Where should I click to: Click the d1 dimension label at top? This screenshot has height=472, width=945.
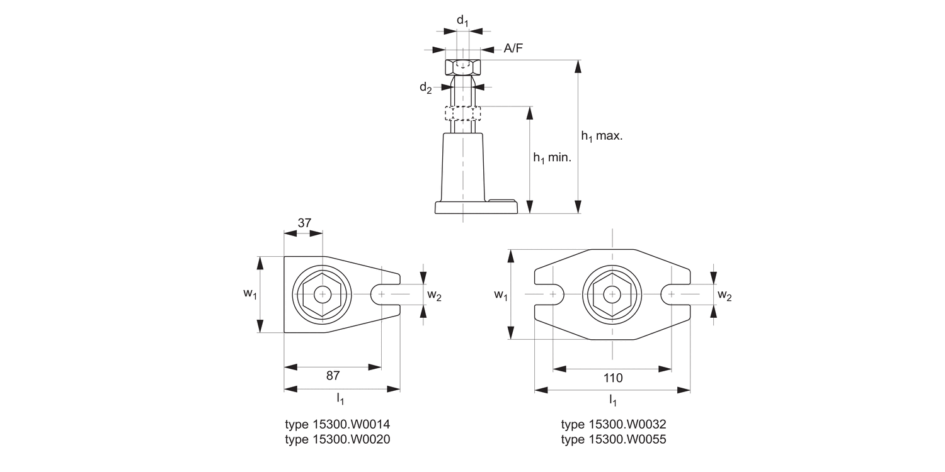point(462,21)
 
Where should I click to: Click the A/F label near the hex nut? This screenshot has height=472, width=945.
point(513,49)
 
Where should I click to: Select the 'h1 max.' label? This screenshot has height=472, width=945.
point(601,137)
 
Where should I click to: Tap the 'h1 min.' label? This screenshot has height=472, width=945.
point(552,159)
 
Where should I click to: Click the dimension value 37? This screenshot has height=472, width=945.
point(304,223)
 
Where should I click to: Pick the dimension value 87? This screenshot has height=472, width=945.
point(333,376)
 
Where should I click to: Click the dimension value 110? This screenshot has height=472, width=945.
point(612,378)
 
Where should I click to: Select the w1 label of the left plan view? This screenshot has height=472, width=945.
point(250,294)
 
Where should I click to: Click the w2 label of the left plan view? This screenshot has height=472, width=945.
point(434,295)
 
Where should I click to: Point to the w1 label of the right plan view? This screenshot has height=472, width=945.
point(501,295)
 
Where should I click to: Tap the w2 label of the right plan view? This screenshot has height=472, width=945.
point(724,296)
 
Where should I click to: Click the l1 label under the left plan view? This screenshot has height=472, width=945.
point(340,399)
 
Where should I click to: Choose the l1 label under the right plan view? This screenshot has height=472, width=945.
point(612,400)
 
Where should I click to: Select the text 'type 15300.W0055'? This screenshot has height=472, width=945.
point(613,440)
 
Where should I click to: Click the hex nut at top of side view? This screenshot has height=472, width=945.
point(462,67)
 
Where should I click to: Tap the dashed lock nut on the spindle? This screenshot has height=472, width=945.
point(462,113)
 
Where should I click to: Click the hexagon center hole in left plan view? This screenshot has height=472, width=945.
point(323,294)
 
